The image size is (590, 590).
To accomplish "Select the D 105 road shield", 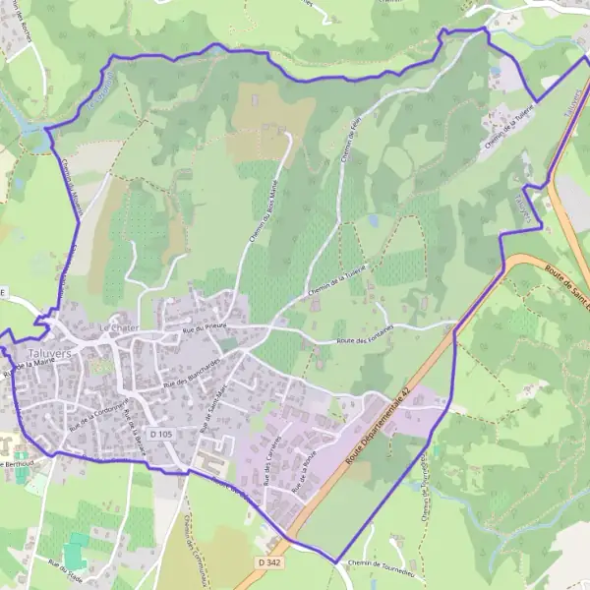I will click(162, 433).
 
